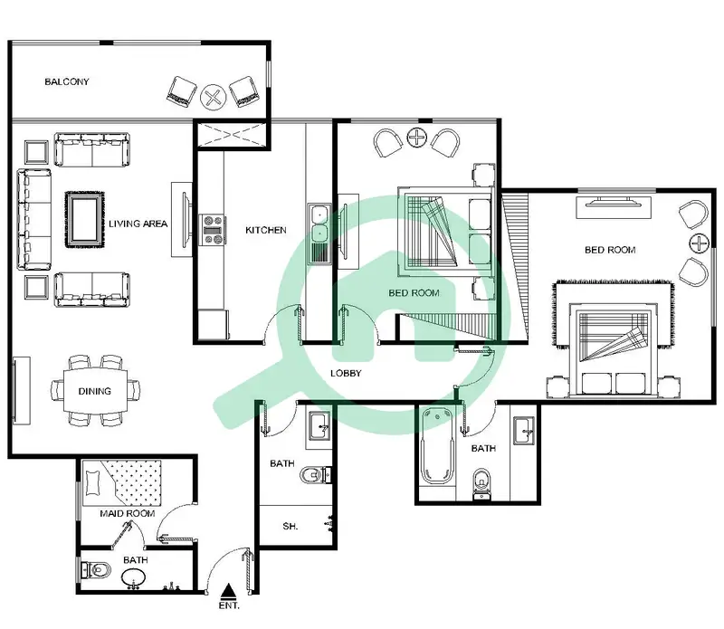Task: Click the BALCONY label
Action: tap(66, 81)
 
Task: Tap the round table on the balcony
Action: tap(214, 98)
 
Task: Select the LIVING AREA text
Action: tap(138, 224)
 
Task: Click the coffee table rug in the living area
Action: tap(85, 219)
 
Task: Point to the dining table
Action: tap(95, 391)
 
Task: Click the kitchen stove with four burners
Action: tap(212, 230)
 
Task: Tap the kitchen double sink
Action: tap(319, 234)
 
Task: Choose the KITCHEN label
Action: tap(265, 230)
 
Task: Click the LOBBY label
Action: tap(346, 373)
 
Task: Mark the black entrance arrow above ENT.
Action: tap(227, 591)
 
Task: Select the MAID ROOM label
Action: tap(128, 513)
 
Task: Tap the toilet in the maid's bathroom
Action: tap(96, 570)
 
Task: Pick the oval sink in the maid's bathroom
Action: tap(134, 577)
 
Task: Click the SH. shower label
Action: tap(290, 526)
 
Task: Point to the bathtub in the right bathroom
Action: tap(437, 445)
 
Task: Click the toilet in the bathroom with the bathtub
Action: tap(482, 484)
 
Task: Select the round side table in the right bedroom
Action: tap(699, 243)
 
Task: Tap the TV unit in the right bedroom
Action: tap(614, 206)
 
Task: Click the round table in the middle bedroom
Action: tap(417, 138)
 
